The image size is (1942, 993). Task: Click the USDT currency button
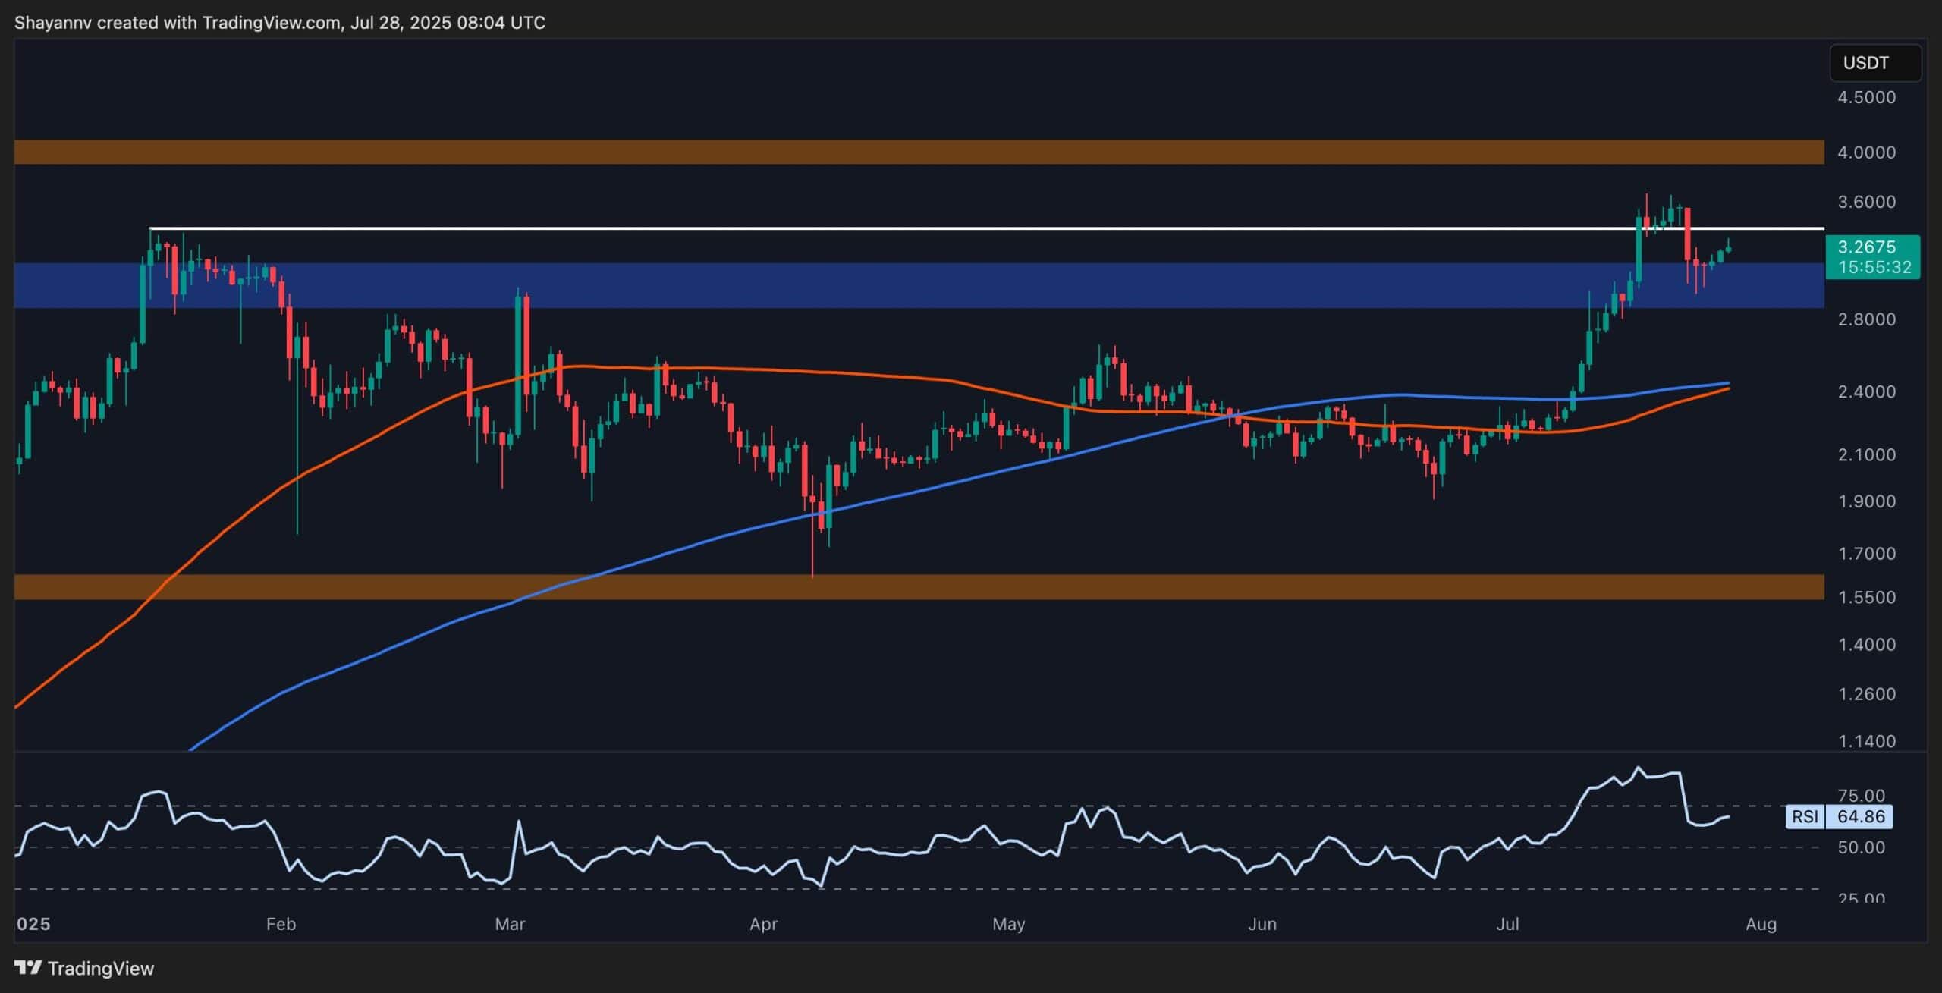coord(1874,63)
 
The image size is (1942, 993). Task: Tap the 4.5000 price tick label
coord(1866,98)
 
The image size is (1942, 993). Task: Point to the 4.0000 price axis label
coord(1866,152)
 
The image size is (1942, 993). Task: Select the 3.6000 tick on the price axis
coord(1866,203)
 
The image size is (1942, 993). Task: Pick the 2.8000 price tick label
coord(1866,319)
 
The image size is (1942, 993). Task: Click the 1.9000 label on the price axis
coord(1866,501)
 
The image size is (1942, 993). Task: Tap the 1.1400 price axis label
coord(1866,741)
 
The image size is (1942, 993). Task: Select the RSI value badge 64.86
coord(1861,817)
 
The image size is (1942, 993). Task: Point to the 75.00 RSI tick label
coord(1861,796)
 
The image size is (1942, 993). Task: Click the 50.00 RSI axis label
coord(1861,847)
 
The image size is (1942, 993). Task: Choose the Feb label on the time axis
coord(281,924)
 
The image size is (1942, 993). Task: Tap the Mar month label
coord(510,924)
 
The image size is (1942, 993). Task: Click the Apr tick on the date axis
coord(763,924)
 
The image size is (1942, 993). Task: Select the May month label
coord(1009,924)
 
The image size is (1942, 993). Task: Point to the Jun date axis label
coord(1262,924)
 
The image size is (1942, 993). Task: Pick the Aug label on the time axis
coord(1761,924)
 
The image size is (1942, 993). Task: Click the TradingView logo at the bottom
coord(84,969)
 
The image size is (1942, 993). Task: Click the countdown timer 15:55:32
coord(1873,268)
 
